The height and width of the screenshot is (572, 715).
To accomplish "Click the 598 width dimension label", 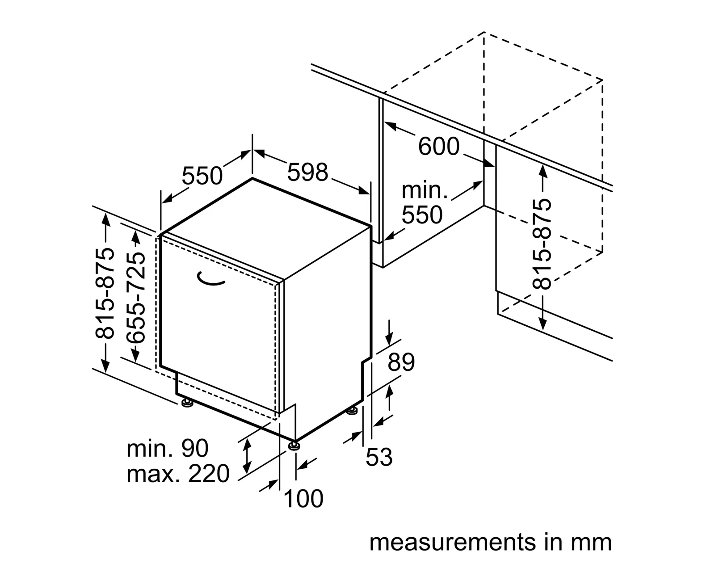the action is coord(307,172).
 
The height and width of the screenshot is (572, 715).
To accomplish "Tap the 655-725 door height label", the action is coord(136,298).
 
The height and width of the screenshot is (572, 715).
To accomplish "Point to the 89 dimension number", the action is coord(401,362).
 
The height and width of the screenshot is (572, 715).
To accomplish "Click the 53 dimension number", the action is coord(379,457).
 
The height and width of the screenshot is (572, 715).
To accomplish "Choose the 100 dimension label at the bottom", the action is coord(304,499).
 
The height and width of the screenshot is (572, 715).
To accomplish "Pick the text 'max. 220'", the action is coord(178,474).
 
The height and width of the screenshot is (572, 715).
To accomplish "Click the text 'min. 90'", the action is coord(168,448).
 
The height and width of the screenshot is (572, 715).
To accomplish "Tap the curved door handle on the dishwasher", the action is coord(210,280).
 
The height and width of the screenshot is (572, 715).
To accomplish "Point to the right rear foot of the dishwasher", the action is coord(352,411).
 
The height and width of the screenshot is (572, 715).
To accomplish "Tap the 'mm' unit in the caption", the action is coord(591,543).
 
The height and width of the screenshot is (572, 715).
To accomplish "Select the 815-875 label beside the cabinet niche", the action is coord(542,244).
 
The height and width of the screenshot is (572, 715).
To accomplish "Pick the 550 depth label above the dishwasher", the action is coord(202,176).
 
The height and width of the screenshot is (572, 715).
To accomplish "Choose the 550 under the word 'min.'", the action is coord(422,214).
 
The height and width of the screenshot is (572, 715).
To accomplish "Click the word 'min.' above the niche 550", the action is coord(425,190).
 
